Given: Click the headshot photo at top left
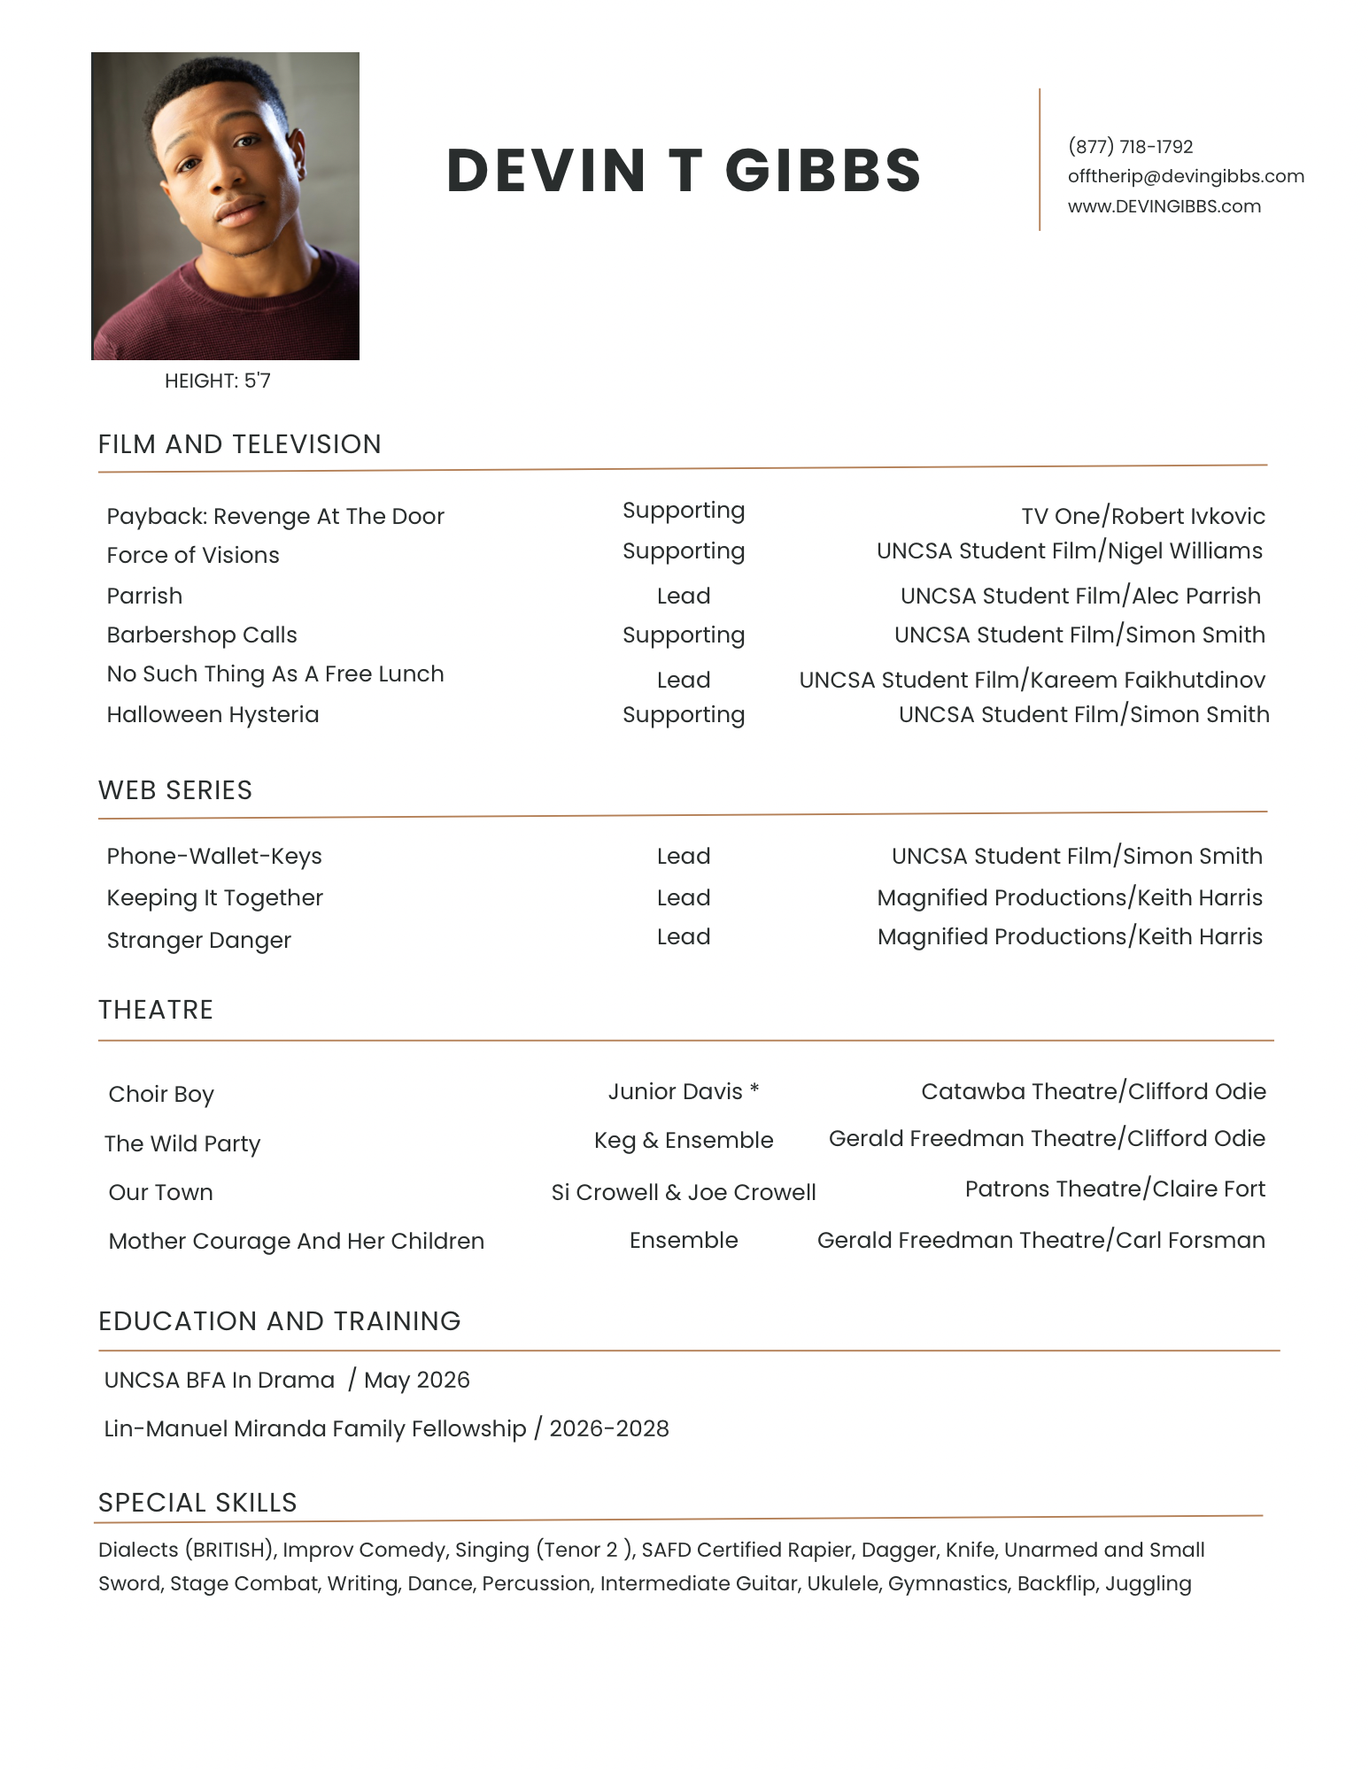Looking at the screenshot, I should pyautogui.click(x=225, y=205).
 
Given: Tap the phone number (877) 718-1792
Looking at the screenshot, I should pyautogui.click(x=1130, y=147).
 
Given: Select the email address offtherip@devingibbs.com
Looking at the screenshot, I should pyautogui.click(x=1186, y=176).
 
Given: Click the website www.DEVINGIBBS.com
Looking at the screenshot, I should pyautogui.click(x=1164, y=206).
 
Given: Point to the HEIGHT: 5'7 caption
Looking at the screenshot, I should pyautogui.click(x=218, y=381).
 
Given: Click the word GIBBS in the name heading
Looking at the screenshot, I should pyautogui.click(x=823, y=170).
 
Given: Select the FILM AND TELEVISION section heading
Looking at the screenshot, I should pyautogui.click(x=239, y=444).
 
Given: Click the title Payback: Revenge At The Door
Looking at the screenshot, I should pyautogui.click(x=275, y=516).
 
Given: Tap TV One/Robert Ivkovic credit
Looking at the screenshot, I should pyautogui.click(x=1142, y=516).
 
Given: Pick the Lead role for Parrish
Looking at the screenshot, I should pyautogui.click(x=683, y=596).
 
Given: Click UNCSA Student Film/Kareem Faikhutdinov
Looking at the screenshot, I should pyautogui.click(x=1032, y=680).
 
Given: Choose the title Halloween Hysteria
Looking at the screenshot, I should pyautogui.click(x=213, y=714).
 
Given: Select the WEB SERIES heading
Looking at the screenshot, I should pyautogui.click(x=175, y=790).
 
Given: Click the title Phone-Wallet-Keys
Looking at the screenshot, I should pyautogui.click(x=214, y=856).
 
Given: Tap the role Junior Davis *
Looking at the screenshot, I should pyautogui.click(x=683, y=1091).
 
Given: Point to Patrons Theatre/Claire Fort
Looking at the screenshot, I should pyautogui.click(x=1114, y=1189).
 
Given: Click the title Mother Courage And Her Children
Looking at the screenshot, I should pyautogui.click(x=296, y=1241).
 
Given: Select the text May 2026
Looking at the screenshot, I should pyautogui.click(x=416, y=1380).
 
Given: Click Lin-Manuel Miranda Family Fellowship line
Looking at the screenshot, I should pyautogui.click(x=386, y=1428).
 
